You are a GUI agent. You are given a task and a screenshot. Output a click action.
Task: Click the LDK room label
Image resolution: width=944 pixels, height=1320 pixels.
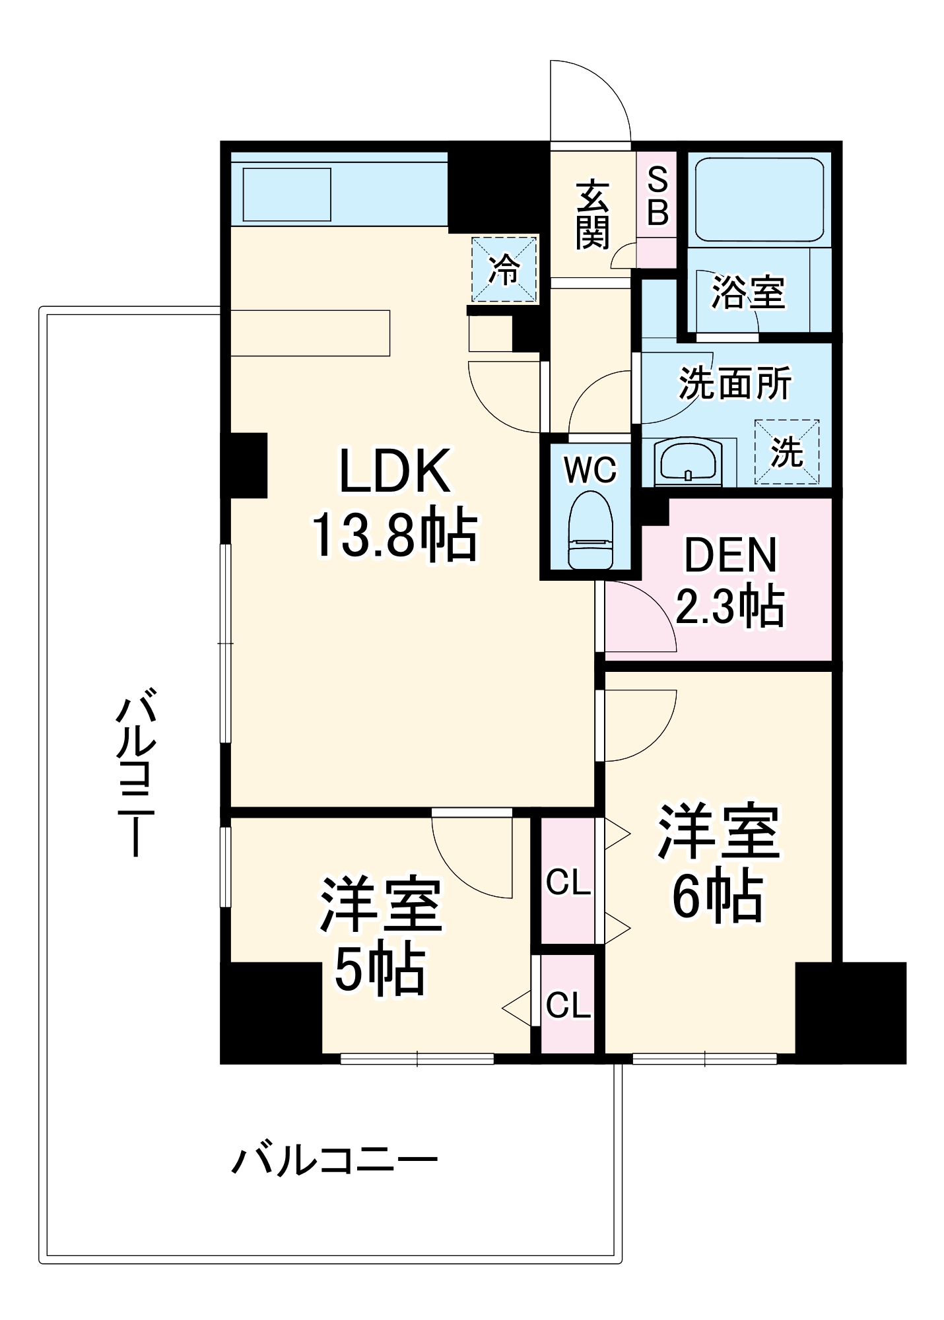pyautogui.click(x=394, y=471)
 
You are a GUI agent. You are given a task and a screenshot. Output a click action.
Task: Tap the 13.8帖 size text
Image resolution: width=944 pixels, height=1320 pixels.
pyautogui.click(x=394, y=534)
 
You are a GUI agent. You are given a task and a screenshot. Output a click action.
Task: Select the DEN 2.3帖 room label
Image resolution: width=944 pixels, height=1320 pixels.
pyautogui.click(x=730, y=581)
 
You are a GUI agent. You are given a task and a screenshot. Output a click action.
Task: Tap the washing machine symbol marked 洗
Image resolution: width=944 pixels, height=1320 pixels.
pyautogui.click(x=787, y=453)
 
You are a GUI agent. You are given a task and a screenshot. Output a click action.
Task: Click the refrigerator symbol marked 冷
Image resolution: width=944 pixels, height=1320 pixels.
pyautogui.click(x=504, y=270)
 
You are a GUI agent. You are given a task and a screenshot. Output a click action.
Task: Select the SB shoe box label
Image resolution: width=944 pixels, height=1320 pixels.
pyautogui.click(x=657, y=196)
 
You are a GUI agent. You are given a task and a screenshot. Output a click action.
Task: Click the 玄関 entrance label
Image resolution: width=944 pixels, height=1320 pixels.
pyautogui.click(x=592, y=214)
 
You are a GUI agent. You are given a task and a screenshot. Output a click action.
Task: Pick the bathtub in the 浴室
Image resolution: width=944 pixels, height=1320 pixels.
pyautogui.click(x=759, y=199)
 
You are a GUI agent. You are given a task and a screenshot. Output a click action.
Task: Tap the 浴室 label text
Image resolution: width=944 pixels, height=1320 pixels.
pyautogui.click(x=749, y=292)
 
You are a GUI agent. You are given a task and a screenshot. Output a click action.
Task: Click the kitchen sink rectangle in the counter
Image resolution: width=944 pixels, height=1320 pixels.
pyautogui.click(x=287, y=194)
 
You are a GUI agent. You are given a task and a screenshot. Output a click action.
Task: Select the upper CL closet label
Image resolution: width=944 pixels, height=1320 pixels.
pyautogui.click(x=568, y=882)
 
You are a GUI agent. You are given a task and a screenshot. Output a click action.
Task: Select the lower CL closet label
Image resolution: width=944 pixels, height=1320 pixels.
pyautogui.click(x=568, y=1005)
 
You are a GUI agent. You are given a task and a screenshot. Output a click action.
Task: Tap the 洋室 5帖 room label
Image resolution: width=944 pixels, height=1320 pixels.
pyautogui.click(x=381, y=935)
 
